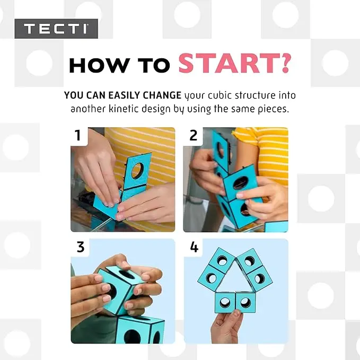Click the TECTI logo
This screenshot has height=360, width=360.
[56, 29]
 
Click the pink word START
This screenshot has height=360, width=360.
[229, 64]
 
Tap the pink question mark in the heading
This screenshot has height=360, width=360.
[285, 64]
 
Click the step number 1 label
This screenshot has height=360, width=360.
[78, 135]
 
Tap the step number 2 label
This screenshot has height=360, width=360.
[194, 135]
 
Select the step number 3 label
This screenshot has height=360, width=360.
[81, 247]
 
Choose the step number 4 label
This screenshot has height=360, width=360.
[194, 247]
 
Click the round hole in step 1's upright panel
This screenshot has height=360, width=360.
[137, 171]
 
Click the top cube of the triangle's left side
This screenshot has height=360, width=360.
[222, 260]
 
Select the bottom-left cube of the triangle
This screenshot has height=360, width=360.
[225, 302]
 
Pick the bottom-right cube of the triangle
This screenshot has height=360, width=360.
[245, 302]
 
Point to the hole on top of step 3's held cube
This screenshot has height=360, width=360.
[127, 275]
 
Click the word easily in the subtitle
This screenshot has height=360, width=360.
[124, 95]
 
